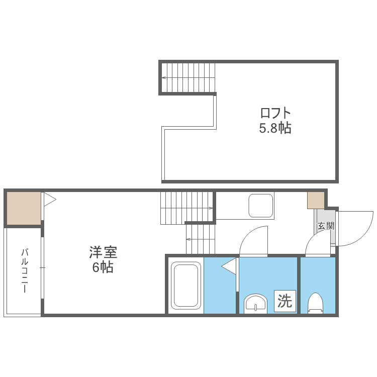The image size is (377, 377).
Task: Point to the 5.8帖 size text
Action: tap(275, 128)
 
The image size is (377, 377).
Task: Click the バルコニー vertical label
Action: tap(24, 271)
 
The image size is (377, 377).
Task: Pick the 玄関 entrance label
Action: tap(325, 226)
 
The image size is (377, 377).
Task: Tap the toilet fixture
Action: tap(315, 303)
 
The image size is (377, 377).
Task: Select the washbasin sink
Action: tap(256, 304)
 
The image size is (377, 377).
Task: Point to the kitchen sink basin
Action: tap(261, 205)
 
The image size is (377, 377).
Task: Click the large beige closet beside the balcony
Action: tap(23, 208)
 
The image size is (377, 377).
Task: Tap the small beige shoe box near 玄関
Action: tap(316, 200)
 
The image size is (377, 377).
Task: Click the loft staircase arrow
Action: tap(164, 78)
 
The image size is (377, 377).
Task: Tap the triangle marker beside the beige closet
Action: tap(49, 200)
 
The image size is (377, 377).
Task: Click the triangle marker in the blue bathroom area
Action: tap(229, 266)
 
